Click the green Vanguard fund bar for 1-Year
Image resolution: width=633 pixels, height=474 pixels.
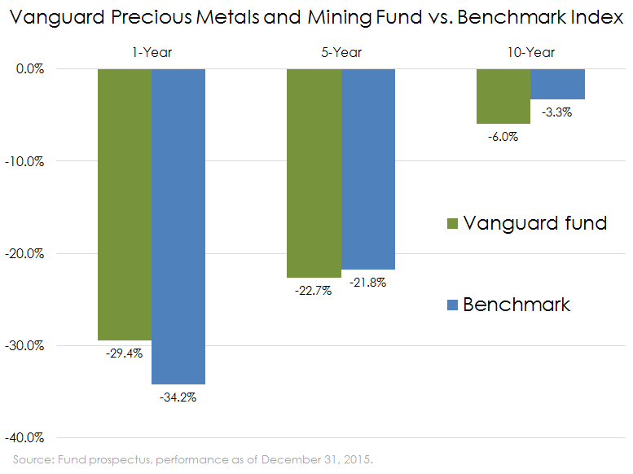tap(124, 204)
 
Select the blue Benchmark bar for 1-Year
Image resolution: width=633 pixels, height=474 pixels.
tap(178, 226)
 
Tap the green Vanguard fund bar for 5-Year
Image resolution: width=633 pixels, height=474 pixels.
tap(314, 173)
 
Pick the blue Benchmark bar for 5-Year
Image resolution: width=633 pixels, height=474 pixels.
tap(367, 169)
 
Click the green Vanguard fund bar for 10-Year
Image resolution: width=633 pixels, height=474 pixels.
tap(503, 96)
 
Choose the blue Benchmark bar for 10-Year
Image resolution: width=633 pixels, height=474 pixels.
tap(557, 84)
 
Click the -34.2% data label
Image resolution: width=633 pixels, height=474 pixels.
tap(178, 397)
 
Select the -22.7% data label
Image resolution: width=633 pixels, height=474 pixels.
tap(314, 291)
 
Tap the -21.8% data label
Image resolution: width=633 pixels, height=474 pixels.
tap(367, 283)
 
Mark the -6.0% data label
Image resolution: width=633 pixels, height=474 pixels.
tap(503, 137)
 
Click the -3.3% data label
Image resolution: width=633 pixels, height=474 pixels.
tap(557, 112)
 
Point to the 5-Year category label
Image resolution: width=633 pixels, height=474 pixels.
tap(341, 52)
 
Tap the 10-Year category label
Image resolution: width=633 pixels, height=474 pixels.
tap(530, 52)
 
